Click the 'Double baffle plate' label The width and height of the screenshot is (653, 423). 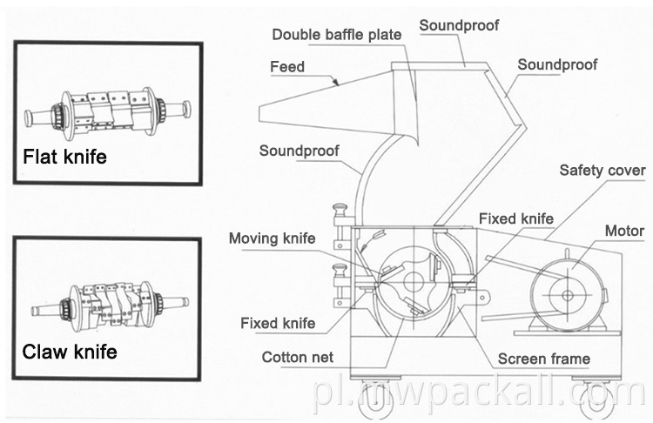(336, 35)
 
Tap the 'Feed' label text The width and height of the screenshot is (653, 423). (287, 67)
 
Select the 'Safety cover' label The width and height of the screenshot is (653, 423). (603, 171)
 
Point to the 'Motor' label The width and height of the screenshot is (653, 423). (624, 231)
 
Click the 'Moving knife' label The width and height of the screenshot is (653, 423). (272, 238)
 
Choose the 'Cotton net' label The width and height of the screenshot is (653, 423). (298, 357)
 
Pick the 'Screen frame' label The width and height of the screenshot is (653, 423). (544, 359)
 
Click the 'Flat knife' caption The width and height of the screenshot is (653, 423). (64, 157)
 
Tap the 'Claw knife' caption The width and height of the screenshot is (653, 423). (70, 352)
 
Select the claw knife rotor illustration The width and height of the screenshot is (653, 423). (110, 305)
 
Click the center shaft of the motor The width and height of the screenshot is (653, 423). (567, 296)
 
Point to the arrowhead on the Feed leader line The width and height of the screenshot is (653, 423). (336, 82)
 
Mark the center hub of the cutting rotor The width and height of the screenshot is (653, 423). (414, 282)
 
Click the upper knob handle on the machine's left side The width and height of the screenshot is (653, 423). (340, 207)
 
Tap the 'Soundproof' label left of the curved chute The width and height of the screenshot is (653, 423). (299, 151)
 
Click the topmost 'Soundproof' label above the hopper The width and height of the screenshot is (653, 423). (459, 25)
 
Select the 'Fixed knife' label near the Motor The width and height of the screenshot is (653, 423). (516, 219)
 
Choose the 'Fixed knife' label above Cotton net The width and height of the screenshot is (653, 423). (278, 324)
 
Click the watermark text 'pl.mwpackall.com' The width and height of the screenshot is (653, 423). (479, 393)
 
